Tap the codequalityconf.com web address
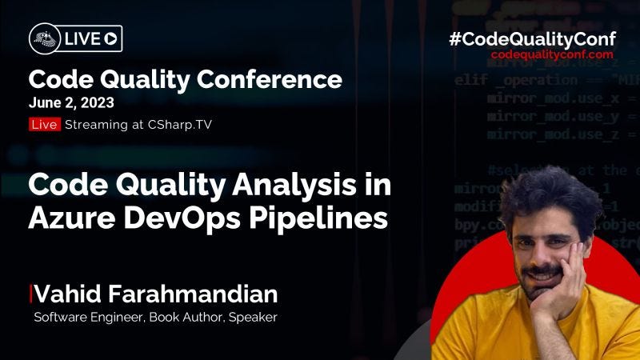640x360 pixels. (547, 55)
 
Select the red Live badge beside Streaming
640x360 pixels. (45, 124)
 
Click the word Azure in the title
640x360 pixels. (70, 218)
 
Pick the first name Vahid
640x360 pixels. (62, 294)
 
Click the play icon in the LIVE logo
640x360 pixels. (111, 37)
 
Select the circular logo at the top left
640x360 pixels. (43, 37)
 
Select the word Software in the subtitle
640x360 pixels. (58, 318)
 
